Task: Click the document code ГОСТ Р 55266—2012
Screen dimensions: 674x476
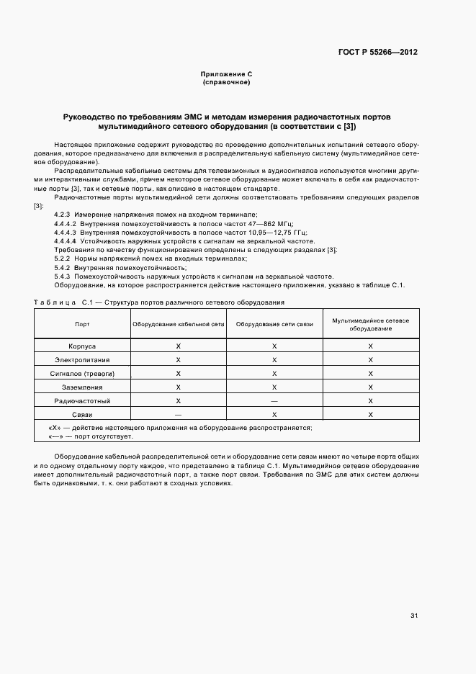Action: (x=378, y=53)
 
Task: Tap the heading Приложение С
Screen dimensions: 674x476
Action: (x=226, y=75)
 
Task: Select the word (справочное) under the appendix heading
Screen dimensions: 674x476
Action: (x=226, y=83)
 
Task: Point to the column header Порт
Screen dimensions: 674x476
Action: (x=82, y=324)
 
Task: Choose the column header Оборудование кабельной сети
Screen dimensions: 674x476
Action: (x=178, y=324)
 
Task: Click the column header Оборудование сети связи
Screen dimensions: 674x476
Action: (x=274, y=324)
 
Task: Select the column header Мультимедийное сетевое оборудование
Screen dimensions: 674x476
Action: (x=370, y=324)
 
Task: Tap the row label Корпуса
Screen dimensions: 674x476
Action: (x=82, y=346)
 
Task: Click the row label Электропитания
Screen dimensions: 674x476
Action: (x=82, y=360)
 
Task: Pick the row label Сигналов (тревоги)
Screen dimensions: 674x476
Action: (x=82, y=374)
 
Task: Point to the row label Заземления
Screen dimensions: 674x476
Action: (x=82, y=387)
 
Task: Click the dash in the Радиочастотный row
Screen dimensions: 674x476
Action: (x=274, y=401)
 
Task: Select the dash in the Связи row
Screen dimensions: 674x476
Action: (x=178, y=415)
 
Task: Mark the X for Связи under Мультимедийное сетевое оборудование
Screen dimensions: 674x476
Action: (x=370, y=415)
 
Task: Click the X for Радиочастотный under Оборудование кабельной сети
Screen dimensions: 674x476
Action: (x=178, y=401)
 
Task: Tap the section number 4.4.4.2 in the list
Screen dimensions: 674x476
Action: (x=66, y=224)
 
